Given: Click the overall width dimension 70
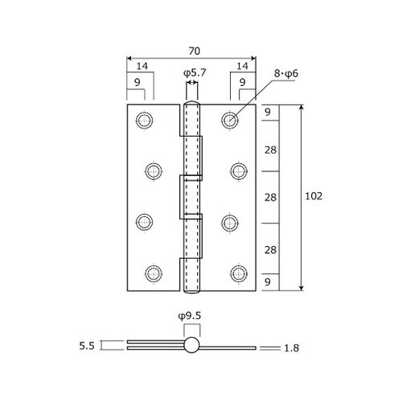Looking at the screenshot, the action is coord(195,51).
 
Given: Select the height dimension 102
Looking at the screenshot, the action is coord(314,196).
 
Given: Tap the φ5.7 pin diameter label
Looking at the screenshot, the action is coord(195,72).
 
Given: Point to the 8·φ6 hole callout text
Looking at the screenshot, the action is coord(286,73).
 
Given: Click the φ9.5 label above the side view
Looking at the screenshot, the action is coord(190,316).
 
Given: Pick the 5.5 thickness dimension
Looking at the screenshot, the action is coord(87,346).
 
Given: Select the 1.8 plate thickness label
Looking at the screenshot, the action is coord(291,348).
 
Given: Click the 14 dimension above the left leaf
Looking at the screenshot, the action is coord(142,66).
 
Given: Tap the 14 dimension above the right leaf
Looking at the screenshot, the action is coord(242,66).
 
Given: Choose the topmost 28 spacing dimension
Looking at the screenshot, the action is coord(270,150).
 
